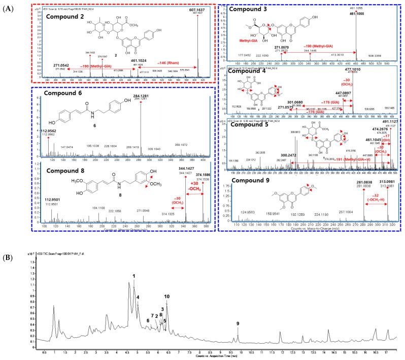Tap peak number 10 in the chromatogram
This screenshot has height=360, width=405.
[167, 297]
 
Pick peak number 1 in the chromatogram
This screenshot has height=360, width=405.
[134, 276]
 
